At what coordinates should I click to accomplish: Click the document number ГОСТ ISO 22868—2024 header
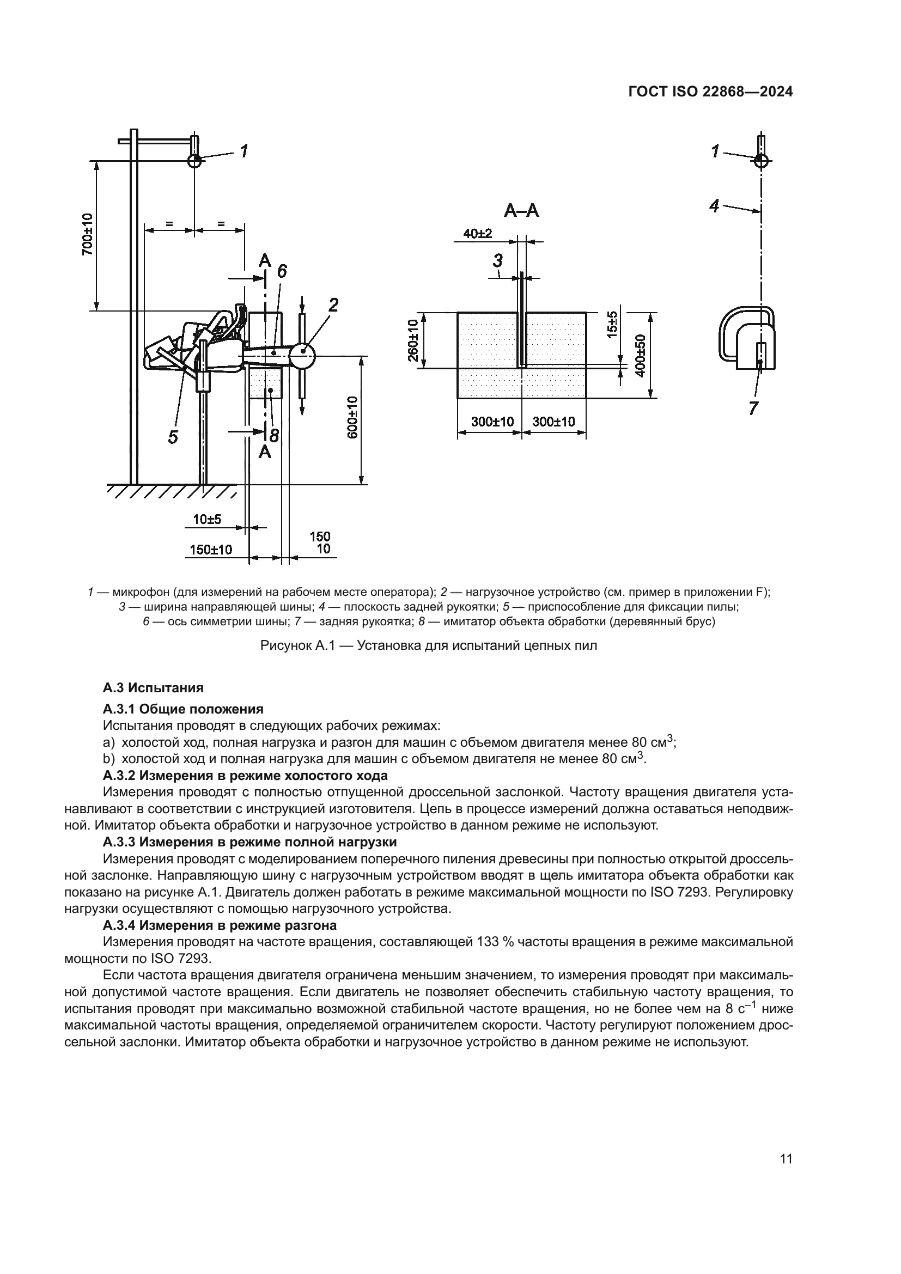point(710,92)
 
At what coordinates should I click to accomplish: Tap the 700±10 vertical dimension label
point(87,234)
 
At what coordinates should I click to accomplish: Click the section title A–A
point(521,210)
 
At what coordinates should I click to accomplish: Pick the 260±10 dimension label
point(413,339)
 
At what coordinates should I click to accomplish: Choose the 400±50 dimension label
point(640,356)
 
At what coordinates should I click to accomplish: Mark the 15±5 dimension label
point(612,325)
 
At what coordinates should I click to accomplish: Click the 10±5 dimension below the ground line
point(207,520)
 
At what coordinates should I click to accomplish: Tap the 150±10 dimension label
point(211,550)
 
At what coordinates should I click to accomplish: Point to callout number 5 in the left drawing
point(173,437)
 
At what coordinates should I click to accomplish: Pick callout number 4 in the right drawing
point(715,206)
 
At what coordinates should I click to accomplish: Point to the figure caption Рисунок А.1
point(428,646)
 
